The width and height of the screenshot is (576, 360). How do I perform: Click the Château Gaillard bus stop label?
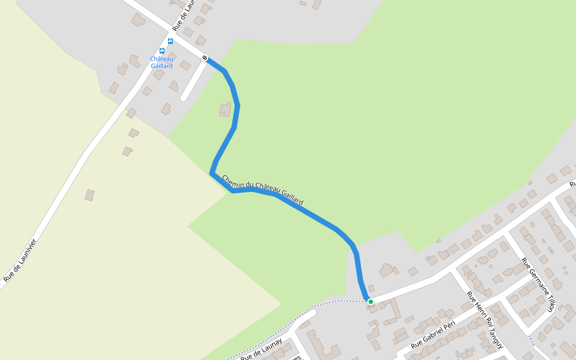pyautogui.click(x=161, y=62)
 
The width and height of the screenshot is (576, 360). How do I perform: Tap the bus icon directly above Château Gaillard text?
pyautogui.click(x=162, y=51)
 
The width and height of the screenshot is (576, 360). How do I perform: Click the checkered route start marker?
pyautogui.click(x=205, y=58)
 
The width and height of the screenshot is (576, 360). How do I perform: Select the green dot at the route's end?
pyautogui.click(x=371, y=301)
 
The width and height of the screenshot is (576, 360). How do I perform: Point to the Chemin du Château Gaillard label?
pyautogui.click(x=262, y=190)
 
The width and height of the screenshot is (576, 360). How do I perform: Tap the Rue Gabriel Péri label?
pyautogui.click(x=433, y=335)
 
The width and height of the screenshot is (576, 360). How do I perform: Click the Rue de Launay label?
pyautogui.click(x=261, y=349)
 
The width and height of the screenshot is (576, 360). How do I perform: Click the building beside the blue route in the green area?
pyautogui.click(x=225, y=109)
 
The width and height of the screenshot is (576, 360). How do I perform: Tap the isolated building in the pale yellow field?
pyautogui.click(x=89, y=195)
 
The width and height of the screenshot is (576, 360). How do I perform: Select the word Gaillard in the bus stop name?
pyautogui.click(x=161, y=66)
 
